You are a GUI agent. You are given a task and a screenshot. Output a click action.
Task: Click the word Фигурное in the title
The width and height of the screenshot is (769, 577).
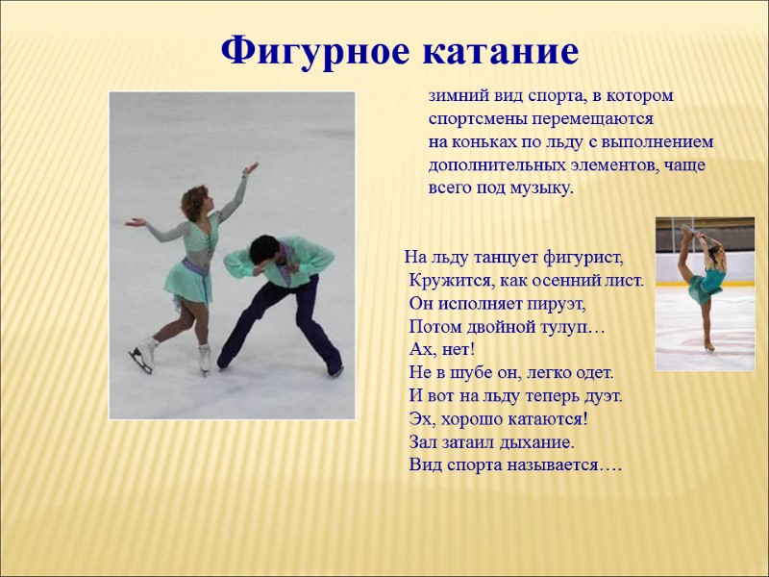[x=310, y=51]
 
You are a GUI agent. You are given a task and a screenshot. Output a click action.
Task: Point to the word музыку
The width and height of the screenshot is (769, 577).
[x=539, y=187]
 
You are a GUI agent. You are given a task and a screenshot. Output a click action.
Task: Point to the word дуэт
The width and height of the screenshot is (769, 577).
[x=599, y=395]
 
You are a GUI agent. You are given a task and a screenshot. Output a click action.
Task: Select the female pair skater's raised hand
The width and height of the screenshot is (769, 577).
[x=251, y=169]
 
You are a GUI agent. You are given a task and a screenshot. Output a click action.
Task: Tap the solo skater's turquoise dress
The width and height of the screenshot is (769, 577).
[x=711, y=281]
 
